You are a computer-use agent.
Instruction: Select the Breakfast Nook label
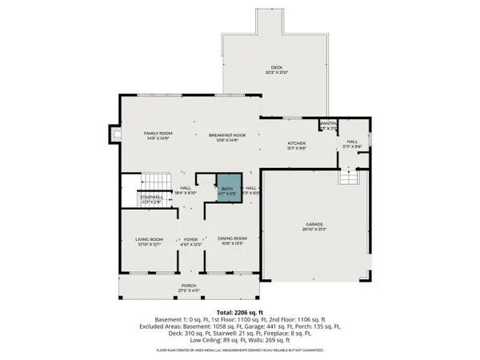[x=228, y=135]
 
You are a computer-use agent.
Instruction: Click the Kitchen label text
[x=298, y=143]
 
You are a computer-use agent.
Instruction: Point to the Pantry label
[x=329, y=123]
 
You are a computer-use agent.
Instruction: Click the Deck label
[x=277, y=67]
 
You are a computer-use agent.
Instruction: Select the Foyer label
[x=190, y=239]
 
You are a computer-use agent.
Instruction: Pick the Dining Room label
[x=232, y=239]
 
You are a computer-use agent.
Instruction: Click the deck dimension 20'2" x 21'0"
[x=277, y=73]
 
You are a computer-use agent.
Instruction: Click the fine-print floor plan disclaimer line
[x=239, y=350]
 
